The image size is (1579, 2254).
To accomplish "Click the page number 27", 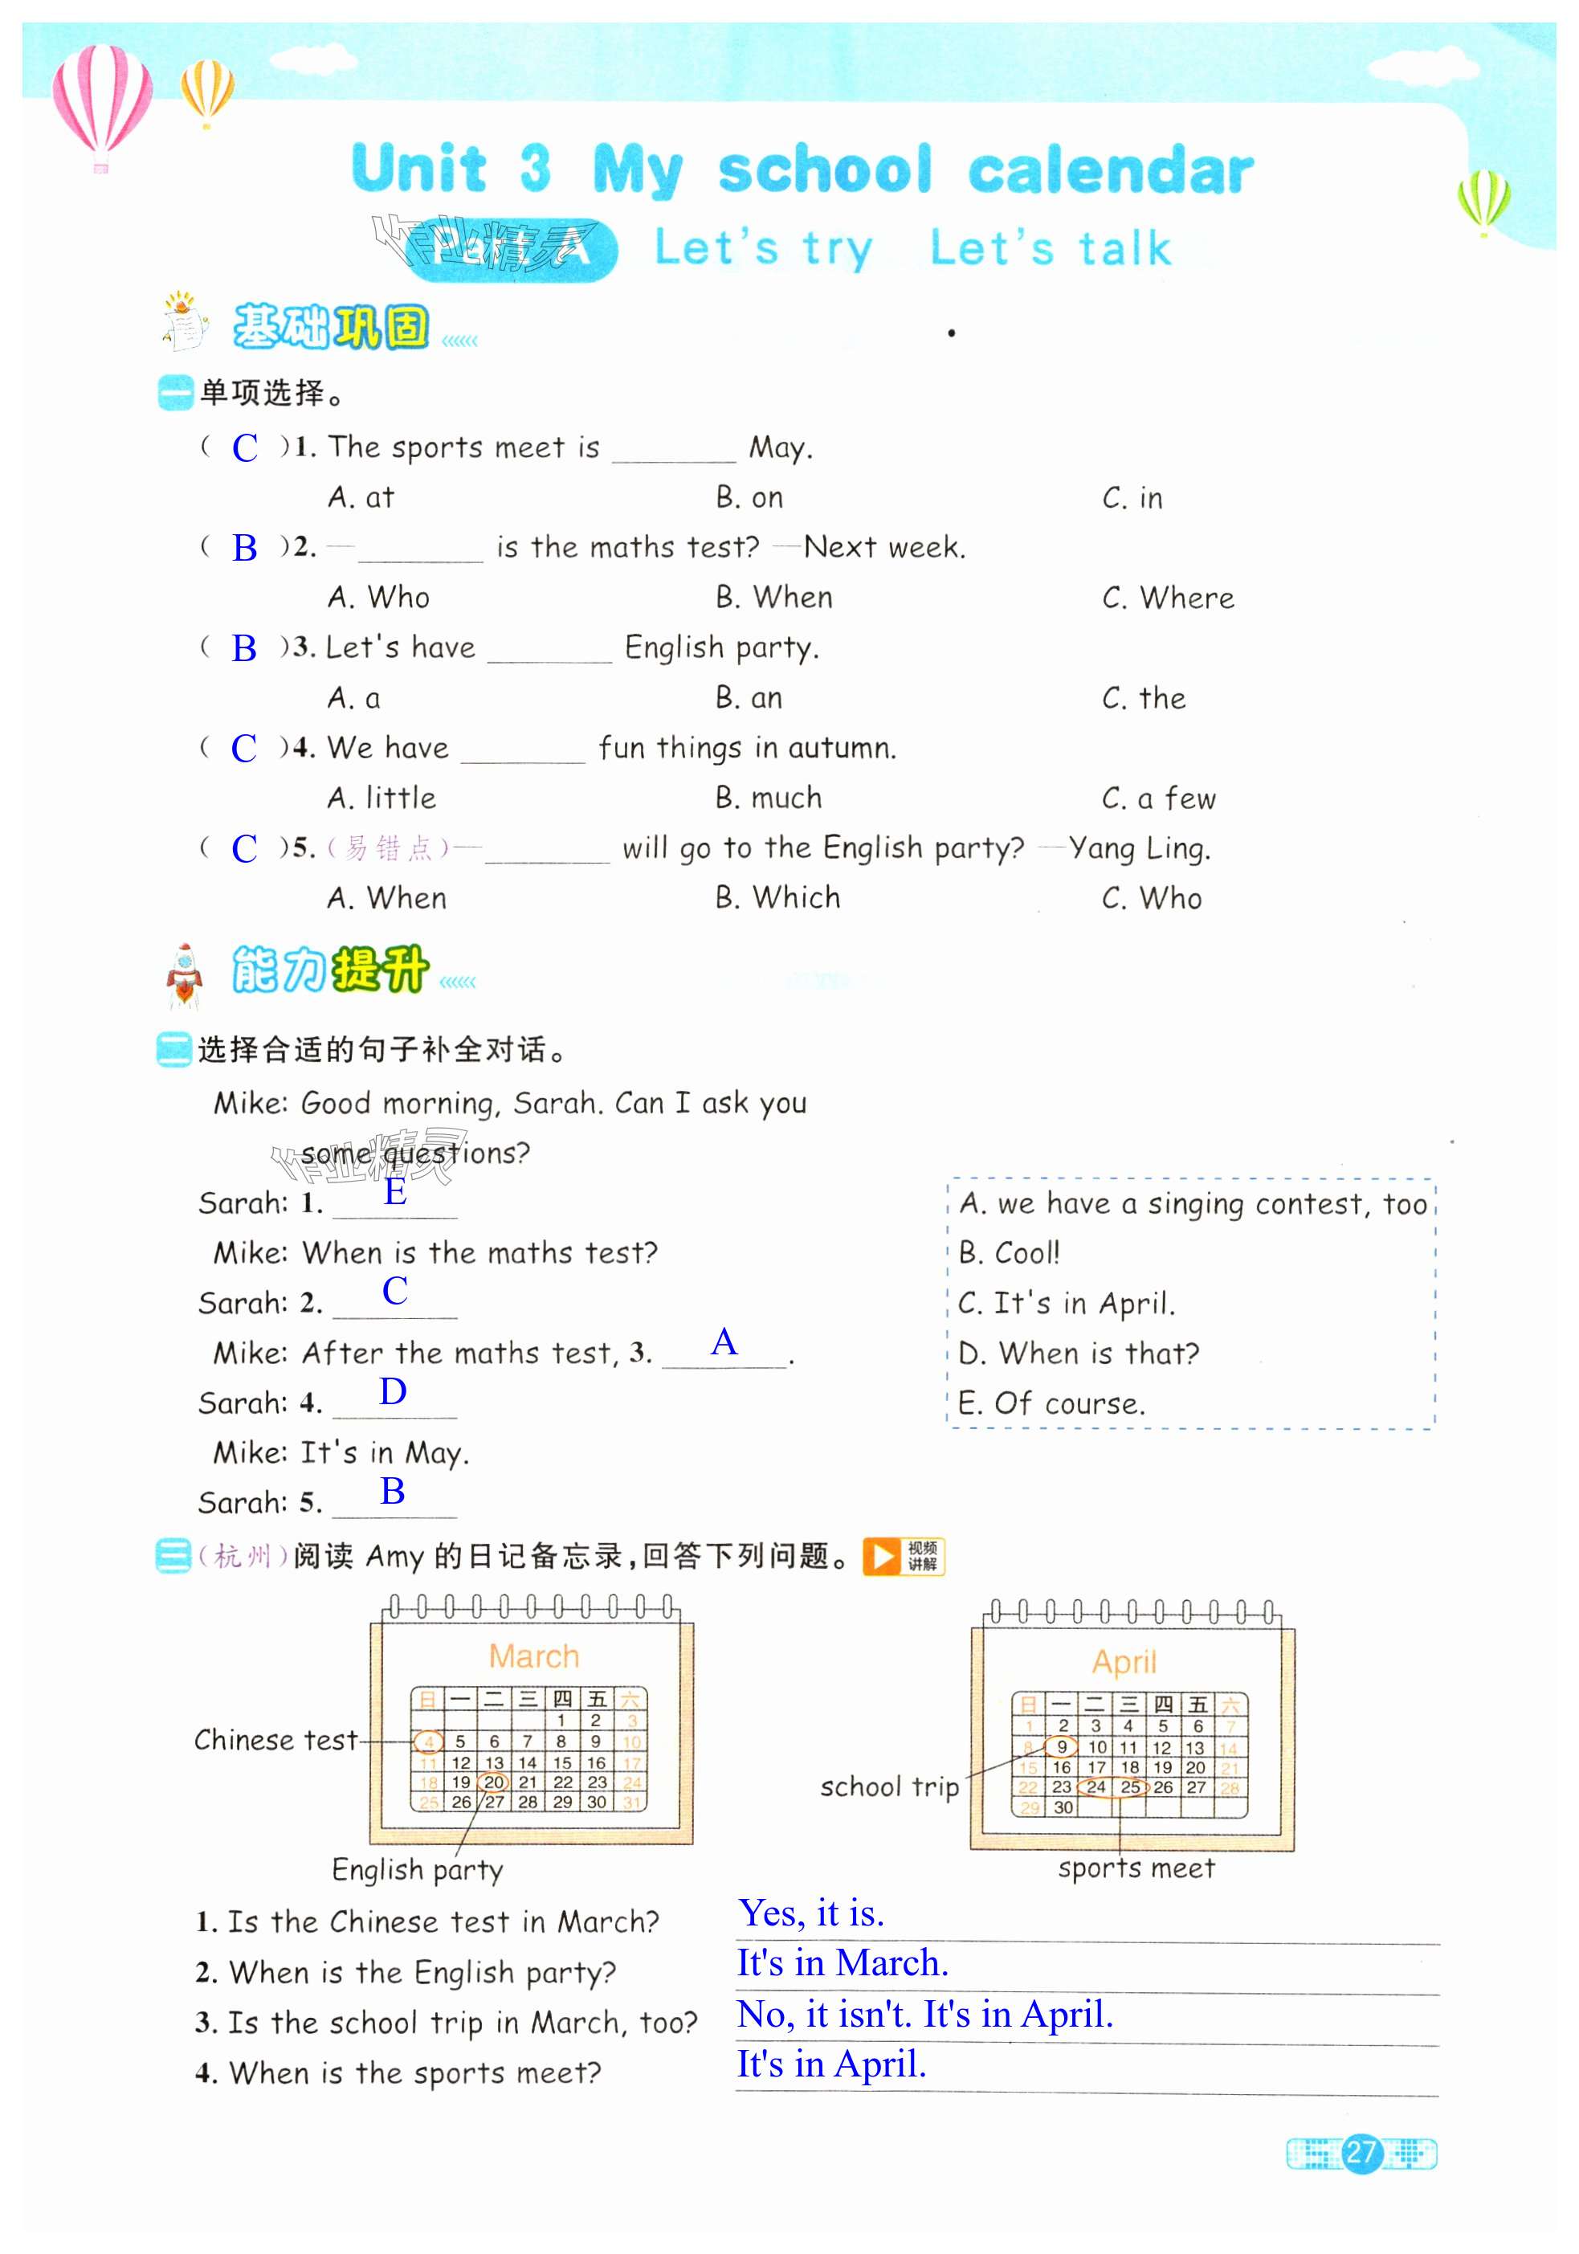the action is click(x=1361, y=2153).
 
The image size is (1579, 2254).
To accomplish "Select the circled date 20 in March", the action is click(x=494, y=1782).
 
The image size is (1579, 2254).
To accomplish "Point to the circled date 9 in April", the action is click(x=1061, y=1746).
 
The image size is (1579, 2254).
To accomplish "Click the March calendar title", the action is click(x=534, y=1656).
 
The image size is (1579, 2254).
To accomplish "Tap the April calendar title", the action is click(x=1124, y=1662).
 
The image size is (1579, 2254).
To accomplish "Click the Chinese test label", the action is click(x=275, y=1741).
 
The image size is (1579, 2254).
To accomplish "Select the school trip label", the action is click(x=889, y=1786).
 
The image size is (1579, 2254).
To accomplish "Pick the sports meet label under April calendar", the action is click(x=1136, y=1868).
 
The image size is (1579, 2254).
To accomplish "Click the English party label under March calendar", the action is click(x=417, y=1870).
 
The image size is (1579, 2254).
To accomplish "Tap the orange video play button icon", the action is click(x=881, y=1556).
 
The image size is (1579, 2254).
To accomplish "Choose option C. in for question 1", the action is click(x=1132, y=499).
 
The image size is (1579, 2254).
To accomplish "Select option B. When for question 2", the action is click(x=773, y=598).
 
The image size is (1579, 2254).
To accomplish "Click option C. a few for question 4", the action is click(x=1158, y=798).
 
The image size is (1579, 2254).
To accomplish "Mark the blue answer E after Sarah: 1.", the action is click(x=394, y=1192).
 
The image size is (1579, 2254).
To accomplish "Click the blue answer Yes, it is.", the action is click(x=810, y=1913).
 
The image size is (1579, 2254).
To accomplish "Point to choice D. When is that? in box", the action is click(x=1079, y=1354).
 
